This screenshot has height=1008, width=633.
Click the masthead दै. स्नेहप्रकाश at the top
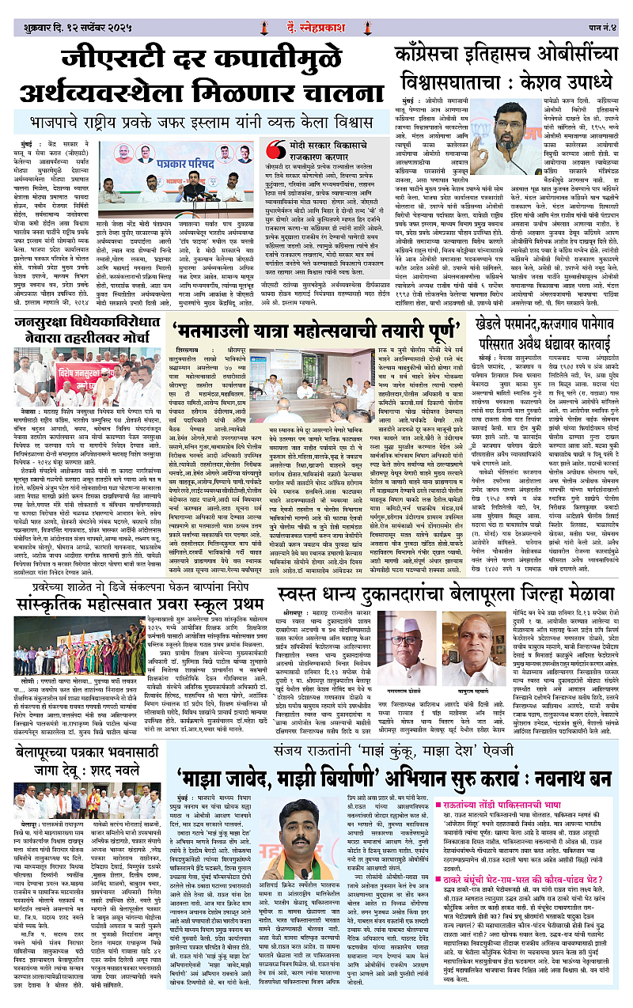click(316, 9)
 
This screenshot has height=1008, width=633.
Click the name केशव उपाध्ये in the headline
click(561, 80)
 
